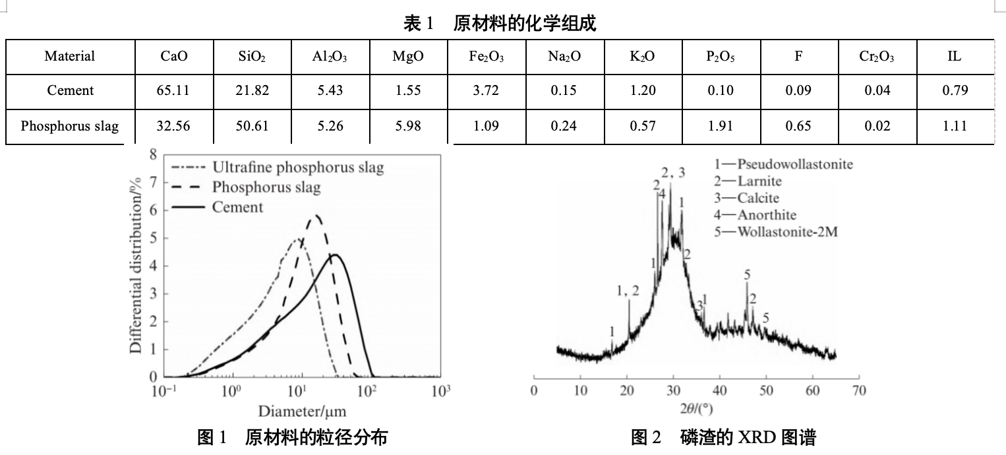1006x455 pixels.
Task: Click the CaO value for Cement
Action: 173,91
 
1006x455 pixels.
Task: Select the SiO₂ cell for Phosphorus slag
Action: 252,126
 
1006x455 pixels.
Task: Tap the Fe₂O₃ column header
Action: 486,57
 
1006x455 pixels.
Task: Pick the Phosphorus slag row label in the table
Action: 70,126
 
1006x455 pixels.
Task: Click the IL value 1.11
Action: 954,126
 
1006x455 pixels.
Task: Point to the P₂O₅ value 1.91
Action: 720,126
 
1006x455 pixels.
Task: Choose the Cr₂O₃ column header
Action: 877,57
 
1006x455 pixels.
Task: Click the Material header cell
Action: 70,57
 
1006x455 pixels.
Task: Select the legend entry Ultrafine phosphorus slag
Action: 297,167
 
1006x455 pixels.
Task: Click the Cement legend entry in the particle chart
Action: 237,207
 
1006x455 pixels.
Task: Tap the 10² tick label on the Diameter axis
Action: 367,391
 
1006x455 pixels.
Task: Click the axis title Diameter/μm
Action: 302,411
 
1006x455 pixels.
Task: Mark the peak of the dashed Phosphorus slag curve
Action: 317,215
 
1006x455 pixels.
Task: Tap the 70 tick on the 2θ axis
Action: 858,391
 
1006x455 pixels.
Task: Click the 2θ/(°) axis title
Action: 696,409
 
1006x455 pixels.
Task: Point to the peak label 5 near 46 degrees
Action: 747,274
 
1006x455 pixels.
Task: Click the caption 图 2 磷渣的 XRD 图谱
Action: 723,437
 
